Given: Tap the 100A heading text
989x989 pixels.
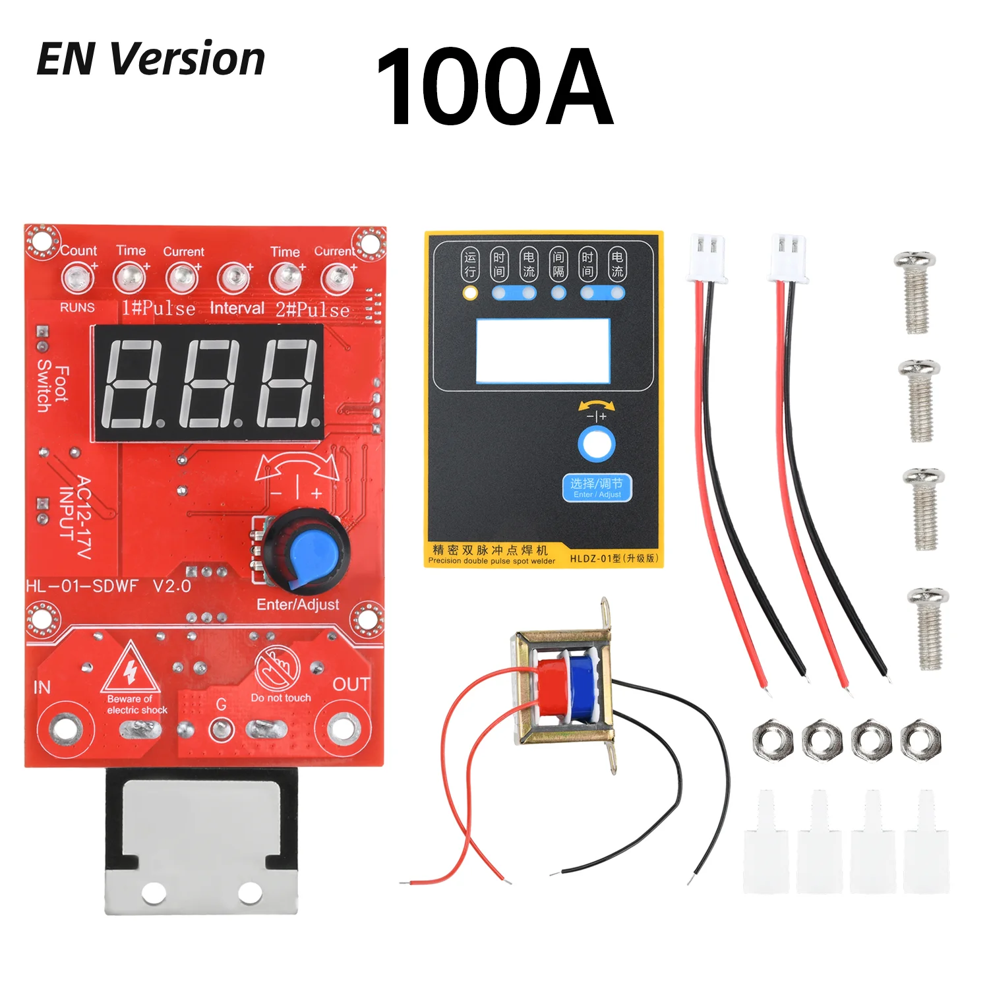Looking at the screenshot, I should click(x=494, y=87).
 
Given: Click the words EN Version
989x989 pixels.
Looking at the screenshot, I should click(x=150, y=59).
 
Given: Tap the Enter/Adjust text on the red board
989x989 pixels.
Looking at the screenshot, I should click(x=297, y=605).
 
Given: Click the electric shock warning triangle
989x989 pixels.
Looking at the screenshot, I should click(x=131, y=669).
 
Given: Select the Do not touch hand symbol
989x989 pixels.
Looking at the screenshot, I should click(x=278, y=667).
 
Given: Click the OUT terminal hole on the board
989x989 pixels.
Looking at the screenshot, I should click(x=341, y=729).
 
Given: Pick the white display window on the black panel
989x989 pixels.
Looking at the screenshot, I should click(x=542, y=351).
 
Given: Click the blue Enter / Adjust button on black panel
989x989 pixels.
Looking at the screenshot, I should click(x=597, y=488).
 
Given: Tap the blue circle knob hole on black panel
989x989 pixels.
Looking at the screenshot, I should click(x=597, y=444).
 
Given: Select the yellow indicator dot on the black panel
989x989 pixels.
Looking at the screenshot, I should click(x=469, y=292).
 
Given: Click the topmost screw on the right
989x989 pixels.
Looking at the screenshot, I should click(x=916, y=290).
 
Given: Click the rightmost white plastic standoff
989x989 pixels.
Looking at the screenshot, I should click(x=926, y=844).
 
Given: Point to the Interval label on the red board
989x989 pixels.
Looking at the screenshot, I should click(x=237, y=309).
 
